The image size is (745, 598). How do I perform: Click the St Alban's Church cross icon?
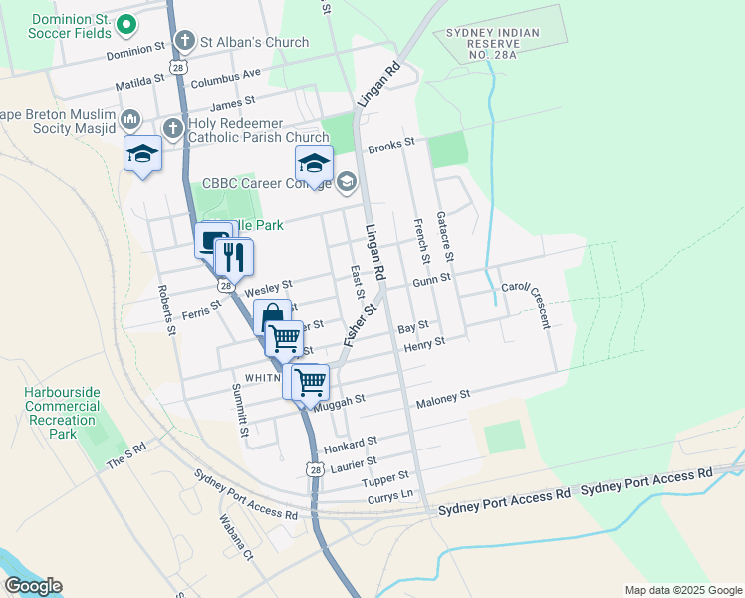(184, 42)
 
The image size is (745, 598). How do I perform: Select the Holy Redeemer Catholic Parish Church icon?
(172, 128)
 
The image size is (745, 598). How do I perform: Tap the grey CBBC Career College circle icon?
(346, 181)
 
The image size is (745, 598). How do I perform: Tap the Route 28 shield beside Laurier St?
(315, 469)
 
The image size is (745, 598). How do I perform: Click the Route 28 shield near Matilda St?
(176, 67)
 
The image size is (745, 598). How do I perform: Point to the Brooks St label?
(390, 145)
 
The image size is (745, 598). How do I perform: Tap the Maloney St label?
(443, 396)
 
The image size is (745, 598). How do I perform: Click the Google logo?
(33, 586)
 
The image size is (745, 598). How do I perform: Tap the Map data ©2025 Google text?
(682, 590)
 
